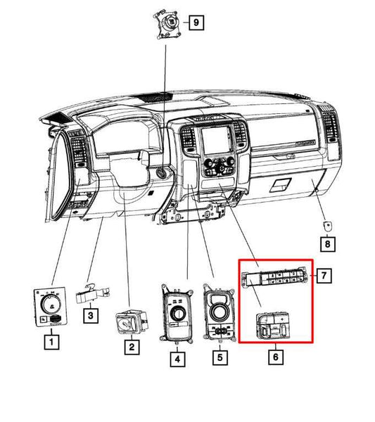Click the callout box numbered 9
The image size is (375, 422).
tap(196, 23)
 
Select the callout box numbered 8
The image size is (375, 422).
tap(328, 244)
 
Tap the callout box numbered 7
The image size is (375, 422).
tap(324, 275)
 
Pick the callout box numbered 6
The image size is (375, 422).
tap(276, 357)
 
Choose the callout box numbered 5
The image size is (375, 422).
tap(220, 358)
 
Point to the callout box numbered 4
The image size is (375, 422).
tap(177, 359)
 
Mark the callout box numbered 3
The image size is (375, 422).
tap(91, 315)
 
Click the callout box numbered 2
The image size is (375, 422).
tap(132, 347)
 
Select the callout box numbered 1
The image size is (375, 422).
tap(51, 342)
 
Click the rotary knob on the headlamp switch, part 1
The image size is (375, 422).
tap(51, 305)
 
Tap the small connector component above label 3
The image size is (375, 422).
tap(92, 294)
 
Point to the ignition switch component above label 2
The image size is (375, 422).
tap(132, 321)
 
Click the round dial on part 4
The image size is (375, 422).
tap(177, 314)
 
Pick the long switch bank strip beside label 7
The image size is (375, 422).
tap(275, 278)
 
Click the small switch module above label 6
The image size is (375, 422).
tap(272, 325)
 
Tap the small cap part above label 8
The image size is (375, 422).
tap(327, 226)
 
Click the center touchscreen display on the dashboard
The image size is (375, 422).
tap(216, 141)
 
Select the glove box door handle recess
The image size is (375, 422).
tap(280, 184)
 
